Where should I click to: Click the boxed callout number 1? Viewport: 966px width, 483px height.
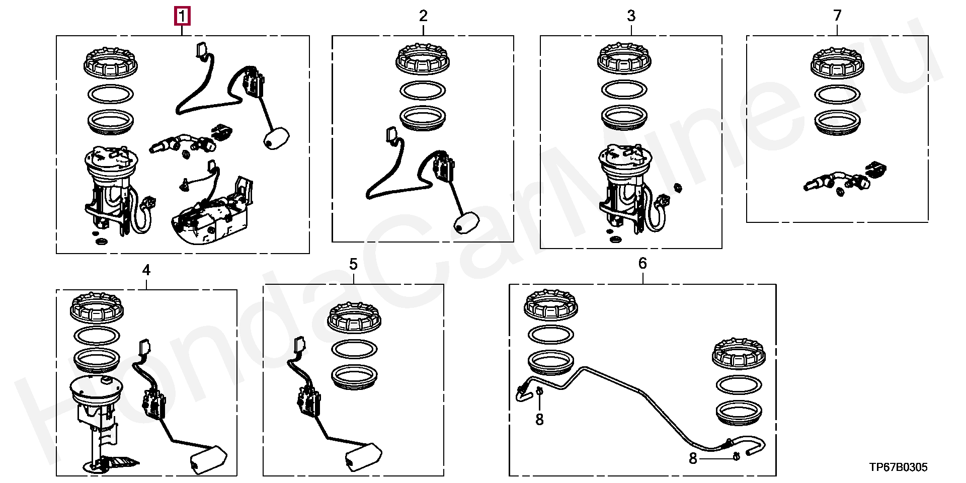coord(182,16)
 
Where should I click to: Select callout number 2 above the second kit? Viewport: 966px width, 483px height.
coord(423,16)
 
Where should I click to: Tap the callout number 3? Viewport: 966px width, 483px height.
coord(631,16)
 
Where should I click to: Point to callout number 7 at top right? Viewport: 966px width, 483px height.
coord(837,16)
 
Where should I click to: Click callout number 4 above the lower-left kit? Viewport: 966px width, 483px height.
coord(146,270)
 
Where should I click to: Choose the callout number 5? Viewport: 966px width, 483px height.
coord(353,264)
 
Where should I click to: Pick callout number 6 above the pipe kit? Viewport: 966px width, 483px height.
coord(642,263)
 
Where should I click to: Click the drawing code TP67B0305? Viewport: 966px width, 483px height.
coord(899,467)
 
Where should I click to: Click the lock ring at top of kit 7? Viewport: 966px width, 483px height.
coord(837,63)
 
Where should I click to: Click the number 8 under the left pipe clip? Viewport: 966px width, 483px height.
coord(539,419)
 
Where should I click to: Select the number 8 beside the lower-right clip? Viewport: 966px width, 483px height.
coord(693,458)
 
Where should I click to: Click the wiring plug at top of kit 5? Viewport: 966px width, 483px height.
coord(300,346)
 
